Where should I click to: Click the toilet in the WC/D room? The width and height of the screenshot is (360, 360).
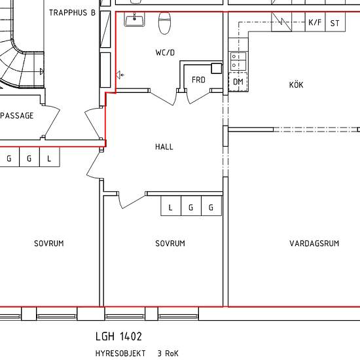tap(164, 23)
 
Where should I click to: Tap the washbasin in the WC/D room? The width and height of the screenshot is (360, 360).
tap(135, 19)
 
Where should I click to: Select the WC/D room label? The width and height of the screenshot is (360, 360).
tap(165, 52)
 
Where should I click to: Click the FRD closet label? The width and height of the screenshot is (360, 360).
tap(198, 80)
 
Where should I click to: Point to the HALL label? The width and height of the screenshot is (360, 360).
tap(164, 147)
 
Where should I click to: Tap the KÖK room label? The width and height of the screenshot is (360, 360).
tap(296, 84)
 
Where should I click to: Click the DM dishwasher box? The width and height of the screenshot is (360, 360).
tap(238, 82)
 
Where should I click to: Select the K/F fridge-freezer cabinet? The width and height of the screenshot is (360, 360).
tap(315, 22)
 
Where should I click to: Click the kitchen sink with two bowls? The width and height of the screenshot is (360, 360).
tap(238, 61)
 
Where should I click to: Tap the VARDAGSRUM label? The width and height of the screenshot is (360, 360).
tap(314, 243)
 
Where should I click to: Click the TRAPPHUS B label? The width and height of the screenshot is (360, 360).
tap(72, 12)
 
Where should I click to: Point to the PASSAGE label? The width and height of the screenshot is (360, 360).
tap(17, 115)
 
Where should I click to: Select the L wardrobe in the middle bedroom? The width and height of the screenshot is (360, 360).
tap(171, 206)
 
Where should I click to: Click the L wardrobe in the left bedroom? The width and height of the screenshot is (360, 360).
tap(50, 157)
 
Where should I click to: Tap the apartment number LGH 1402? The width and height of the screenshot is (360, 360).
tap(118, 336)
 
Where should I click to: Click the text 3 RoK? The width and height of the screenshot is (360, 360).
tap(168, 353)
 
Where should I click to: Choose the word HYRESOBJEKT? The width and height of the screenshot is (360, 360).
tap(120, 353)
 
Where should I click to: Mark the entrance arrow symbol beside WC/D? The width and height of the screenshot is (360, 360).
tap(120, 75)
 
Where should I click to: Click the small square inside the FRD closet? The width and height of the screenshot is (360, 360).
tap(216, 69)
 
